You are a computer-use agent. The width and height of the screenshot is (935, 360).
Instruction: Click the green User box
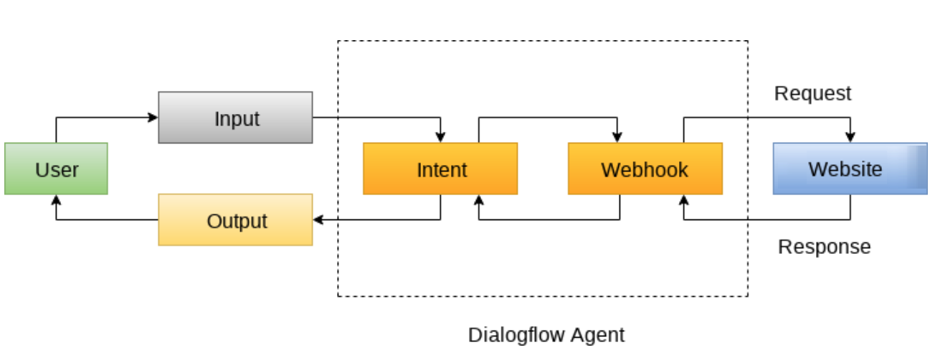pos(56,169)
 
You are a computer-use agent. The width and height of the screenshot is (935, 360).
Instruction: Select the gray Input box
pos(235,118)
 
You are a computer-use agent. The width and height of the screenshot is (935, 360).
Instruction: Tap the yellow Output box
pos(235,220)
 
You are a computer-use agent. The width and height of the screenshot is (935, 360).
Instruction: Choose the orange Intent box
pos(440,169)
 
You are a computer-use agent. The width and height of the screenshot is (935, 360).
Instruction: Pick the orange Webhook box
pos(645,169)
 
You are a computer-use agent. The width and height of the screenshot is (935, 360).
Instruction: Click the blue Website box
pos(849,169)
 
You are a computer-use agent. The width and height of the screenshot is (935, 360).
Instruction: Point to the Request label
pos(812,93)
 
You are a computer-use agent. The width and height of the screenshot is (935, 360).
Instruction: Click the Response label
pos(824,247)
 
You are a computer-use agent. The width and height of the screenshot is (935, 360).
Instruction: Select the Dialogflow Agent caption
pos(546,334)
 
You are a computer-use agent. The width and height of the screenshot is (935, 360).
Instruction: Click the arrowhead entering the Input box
pos(153,118)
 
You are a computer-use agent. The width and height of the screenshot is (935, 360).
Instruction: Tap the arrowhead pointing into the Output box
pos(318,220)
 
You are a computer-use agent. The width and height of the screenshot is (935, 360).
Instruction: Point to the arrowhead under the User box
pos(56,199)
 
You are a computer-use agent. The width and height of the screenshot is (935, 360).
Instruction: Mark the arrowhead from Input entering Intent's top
pos(440,138)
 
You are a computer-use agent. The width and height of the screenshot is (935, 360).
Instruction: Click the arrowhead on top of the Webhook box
pos(620,138)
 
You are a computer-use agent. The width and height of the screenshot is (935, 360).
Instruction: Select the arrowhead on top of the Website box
pos(850,138)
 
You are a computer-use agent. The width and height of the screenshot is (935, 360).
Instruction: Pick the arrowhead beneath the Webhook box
pos(683,199)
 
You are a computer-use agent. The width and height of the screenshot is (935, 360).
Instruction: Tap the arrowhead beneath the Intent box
pos(478,199)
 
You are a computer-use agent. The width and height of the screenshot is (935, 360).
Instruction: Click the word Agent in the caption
pos(598,334)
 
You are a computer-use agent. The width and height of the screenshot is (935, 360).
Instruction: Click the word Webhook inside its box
pos(645,169)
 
